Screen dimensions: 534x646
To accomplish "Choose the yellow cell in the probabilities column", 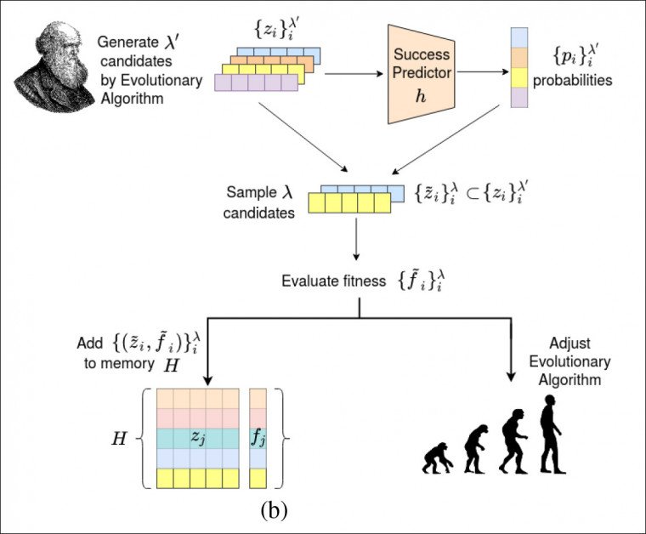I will pyautogui.click(x=518, y=79).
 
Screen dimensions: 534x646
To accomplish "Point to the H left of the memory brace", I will pyautogui.click(x=120, y=438).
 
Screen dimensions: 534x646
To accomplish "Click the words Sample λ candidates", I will pyautogui.click(x=262, y=203).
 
